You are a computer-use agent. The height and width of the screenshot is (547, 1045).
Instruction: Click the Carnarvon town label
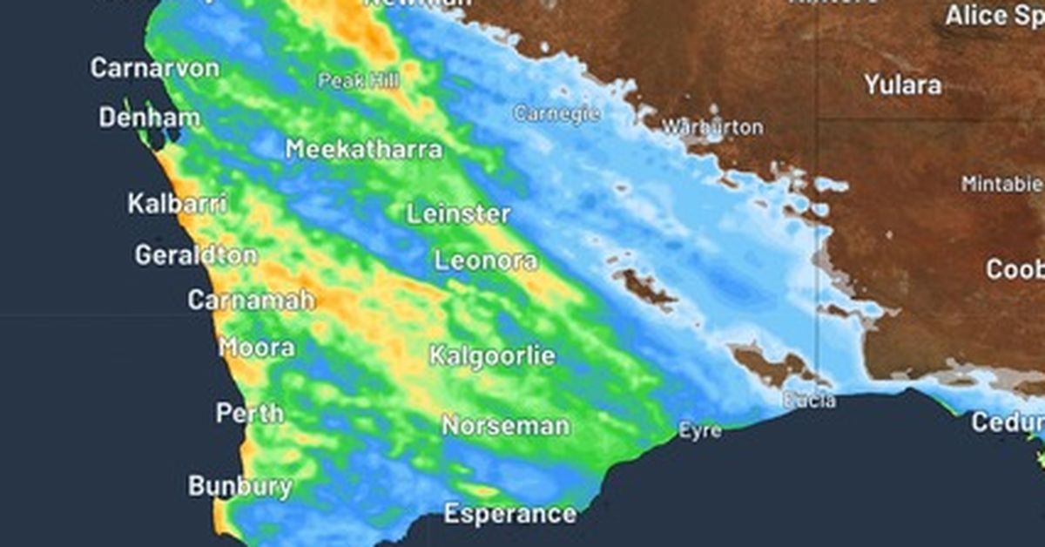coord(155,68)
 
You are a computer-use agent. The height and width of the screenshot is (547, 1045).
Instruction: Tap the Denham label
coord(149,118)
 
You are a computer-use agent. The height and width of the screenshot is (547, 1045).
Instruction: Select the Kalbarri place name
coord(178,204)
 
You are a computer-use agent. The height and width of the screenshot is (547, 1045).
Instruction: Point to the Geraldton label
coord(196,255)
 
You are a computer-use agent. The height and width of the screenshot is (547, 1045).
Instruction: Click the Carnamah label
coord(251,301)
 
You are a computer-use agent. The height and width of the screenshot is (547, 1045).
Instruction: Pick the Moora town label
coord(256,348)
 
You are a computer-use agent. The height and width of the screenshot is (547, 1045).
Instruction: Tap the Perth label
coord(249,413)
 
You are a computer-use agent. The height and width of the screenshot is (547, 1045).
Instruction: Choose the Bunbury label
coord(240,485)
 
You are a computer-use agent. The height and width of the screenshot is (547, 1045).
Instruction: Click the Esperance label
coord(509,514)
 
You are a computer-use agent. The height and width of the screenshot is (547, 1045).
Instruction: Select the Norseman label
coord(505,426)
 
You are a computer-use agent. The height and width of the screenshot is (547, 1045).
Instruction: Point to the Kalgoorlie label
coord(492,356)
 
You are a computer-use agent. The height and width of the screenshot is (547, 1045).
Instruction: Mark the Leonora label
coord(486,260)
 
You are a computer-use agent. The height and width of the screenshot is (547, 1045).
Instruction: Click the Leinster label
coord(459,213)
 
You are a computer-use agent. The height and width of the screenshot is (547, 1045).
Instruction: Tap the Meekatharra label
coord(364,149)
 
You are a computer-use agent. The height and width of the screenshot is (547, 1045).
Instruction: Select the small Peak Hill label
coord(359,81)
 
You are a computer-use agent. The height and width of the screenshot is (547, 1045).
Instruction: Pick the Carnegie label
coord(557,113)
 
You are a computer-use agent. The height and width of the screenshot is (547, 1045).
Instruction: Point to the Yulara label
coord(902,84)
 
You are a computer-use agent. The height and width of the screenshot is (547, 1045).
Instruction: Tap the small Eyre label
coord(699,430)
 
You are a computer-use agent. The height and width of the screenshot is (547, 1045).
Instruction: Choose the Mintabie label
coord(1001,184)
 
